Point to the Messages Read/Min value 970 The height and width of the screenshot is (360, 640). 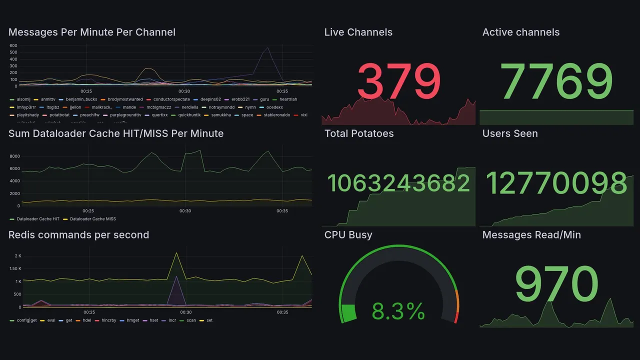[556, 284]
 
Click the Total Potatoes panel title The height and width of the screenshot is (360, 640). [358, 133]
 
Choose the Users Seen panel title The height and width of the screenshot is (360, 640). [509, 133]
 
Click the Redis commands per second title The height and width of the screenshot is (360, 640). [78, 235]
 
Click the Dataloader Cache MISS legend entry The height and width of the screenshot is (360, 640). [92, 219]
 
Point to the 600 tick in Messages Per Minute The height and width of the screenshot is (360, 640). [13, 45]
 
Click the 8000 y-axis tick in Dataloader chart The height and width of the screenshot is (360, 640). [14, 156]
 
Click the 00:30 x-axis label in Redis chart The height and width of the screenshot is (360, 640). [185, 312]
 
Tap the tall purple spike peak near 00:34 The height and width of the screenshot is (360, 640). [268, 47]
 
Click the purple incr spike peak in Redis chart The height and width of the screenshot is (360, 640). [175, 276]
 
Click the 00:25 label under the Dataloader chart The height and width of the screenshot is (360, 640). [88, 211]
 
